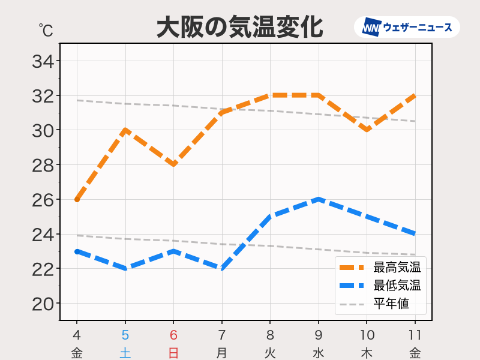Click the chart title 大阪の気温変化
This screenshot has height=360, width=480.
pyautogui.click(x=239, y=28)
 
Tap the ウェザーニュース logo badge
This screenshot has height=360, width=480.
pyautogui.click(x=407, y=27)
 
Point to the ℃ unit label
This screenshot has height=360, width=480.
pyautogui.click(x=46, y=31)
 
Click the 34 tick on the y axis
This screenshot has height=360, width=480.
pyautogui.click(x=43, y=61)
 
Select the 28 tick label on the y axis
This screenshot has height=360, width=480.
pyautogui.click(x=43, y=166)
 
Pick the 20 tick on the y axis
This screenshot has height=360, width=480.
pyautogui.click(x=43, y=304)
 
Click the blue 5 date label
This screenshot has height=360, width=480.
pyautogui.click(x=125, y=335)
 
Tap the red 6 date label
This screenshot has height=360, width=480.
pyautogui.click(x=173, y=335)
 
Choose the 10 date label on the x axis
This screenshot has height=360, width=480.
pyautogui.click(x=367, y=335)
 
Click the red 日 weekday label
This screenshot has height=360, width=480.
pyautogui.click(x=173, y=353)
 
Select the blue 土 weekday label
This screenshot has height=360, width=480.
pyautogui.click(x=125, y=353)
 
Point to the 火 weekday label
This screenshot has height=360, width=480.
pyautogui.click(x=270, y=353)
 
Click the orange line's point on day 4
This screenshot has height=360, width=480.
pyautogui.click(x=77, y=200)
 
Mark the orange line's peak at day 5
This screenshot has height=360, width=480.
pyautogui.click(x=125, y=130)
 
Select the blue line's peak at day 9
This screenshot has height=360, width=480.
pyautogui.click(x=319, y=200)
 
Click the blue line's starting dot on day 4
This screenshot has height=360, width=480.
pyautogui.click(x=77, y=251)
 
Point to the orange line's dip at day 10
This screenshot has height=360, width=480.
pyautogui.click(x=367, y=130)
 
